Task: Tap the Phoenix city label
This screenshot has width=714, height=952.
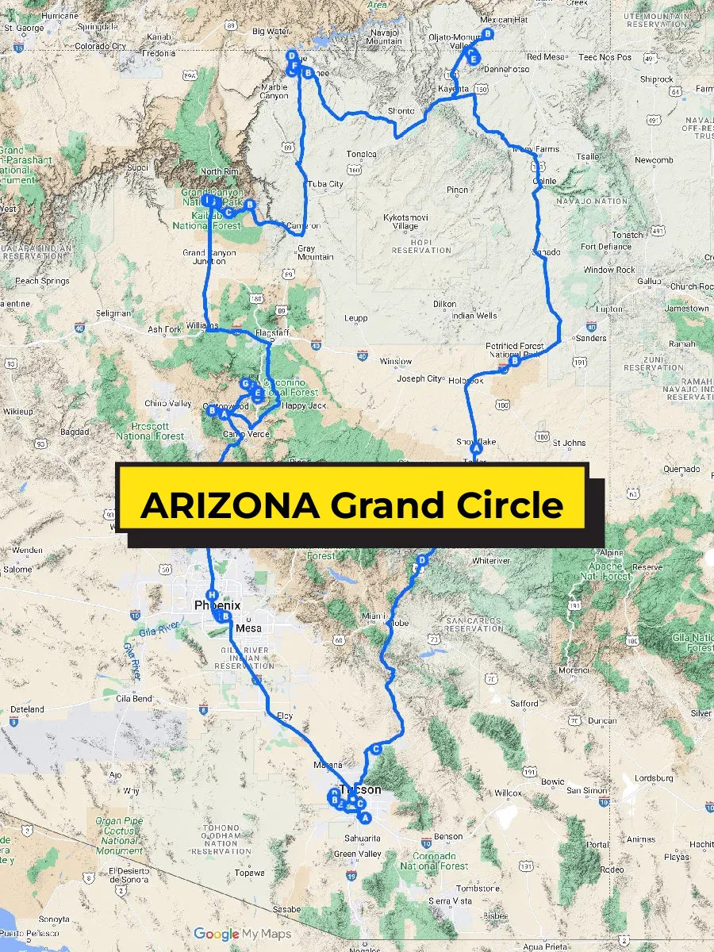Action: (x=217, y=605)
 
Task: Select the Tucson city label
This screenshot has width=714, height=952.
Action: (x=361, y=789)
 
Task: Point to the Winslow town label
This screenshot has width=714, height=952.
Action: (x=396, y=362)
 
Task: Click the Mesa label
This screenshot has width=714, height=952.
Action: (x=249, y=628)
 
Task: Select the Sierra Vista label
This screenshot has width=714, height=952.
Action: (x=449, y=900)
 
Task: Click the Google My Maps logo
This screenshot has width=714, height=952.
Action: (x=242, y=934)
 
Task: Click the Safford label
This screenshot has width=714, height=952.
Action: (x=524, y=703)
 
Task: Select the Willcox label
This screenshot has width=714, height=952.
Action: (x=508, y=793)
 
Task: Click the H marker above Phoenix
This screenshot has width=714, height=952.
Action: (x=211, y=595)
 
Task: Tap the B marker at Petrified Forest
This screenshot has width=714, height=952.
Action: (x=514, y=361)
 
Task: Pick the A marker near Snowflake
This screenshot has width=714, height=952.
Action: (x=477, y=448)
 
